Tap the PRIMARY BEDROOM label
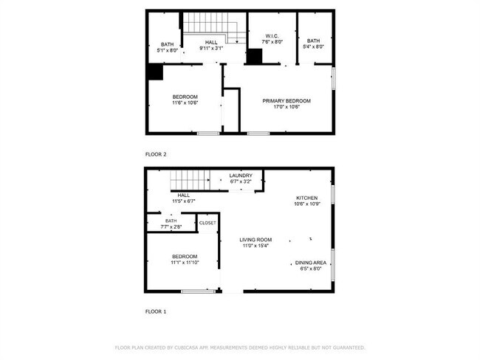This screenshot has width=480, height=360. point(287,101)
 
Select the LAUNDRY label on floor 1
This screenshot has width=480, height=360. point(241,176)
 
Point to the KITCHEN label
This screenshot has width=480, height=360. point(307,198)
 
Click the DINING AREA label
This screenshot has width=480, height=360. point(311,263)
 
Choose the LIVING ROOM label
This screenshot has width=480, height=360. point(256,240)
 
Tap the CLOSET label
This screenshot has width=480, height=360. point(208,223)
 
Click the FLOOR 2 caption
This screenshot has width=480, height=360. point(156,154)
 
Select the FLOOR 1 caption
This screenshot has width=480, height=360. point(156,311)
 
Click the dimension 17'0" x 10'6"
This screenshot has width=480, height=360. point(287,107)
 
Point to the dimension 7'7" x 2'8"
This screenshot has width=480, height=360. point(171,227)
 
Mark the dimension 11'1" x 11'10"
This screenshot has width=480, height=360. point(185,263)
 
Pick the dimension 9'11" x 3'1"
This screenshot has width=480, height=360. point(211,48)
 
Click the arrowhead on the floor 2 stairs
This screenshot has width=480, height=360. point(237,42)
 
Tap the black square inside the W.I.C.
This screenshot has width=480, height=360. point(255,56)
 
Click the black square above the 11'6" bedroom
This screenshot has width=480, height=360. point(155,72)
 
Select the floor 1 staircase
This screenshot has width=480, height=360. point(190,181)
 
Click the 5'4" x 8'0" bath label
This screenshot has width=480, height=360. point(313,44)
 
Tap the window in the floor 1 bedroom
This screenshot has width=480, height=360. point(198,291)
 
